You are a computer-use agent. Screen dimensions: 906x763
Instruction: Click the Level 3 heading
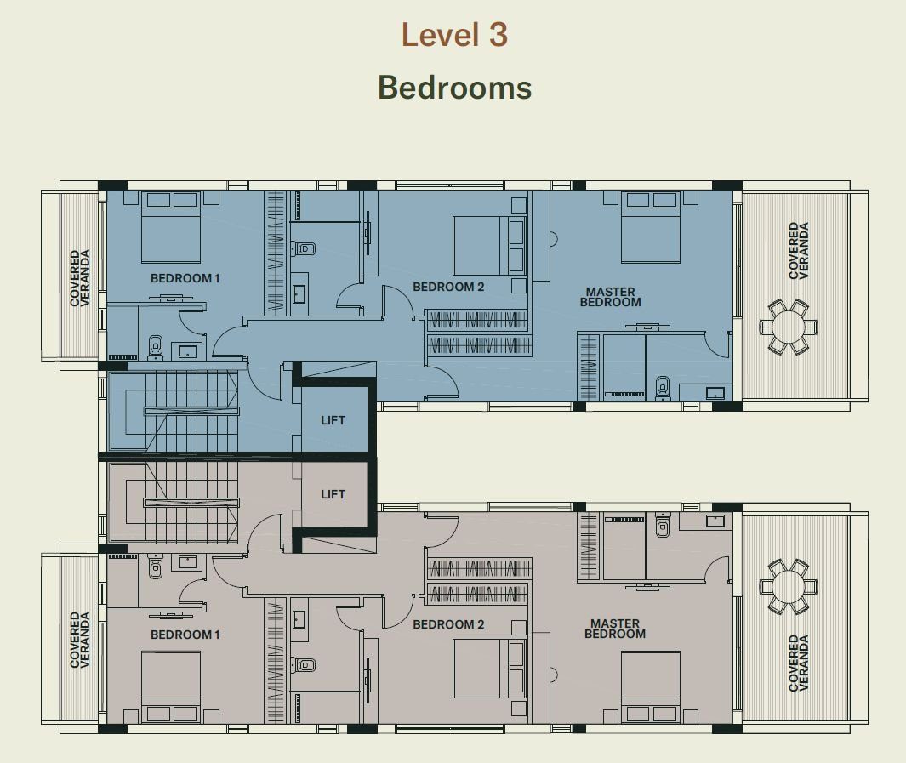pos(455,35)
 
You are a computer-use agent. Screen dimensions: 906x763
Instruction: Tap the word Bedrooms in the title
pos(455,88)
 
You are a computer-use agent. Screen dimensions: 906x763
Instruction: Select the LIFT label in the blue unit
pos(333,420)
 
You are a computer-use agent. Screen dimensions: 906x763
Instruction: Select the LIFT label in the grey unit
pos(333,494)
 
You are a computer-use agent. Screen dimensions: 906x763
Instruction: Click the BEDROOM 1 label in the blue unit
pos(185,278)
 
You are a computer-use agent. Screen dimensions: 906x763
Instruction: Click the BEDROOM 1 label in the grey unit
pos(185,635)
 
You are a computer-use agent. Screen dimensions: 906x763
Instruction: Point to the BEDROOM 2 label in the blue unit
pos(448,287)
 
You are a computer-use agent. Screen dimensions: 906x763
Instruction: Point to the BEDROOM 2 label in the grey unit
pos(448,624)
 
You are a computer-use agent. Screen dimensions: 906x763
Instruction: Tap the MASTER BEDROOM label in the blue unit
pos(611,297)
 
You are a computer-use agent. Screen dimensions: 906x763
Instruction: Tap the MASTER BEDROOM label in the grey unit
pos(615,629)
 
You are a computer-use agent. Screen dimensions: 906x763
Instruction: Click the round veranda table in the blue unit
pos(789,327)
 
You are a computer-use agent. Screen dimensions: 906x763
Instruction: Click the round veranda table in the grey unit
pos(789,586)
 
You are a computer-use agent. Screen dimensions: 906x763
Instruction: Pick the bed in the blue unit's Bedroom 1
pos(171,228)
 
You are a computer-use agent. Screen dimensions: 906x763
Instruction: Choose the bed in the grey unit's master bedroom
pos(651,687)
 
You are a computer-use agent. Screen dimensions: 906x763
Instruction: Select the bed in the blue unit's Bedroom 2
pos(489,246)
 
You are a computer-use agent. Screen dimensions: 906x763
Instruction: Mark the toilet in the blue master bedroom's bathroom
pos(662,388)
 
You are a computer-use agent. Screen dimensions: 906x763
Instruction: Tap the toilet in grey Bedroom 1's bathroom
pos(156,567)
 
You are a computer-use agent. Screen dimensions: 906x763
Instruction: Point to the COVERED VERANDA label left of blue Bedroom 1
pos(80,278)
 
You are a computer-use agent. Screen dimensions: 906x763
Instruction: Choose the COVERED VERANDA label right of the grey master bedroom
pos(799,663)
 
